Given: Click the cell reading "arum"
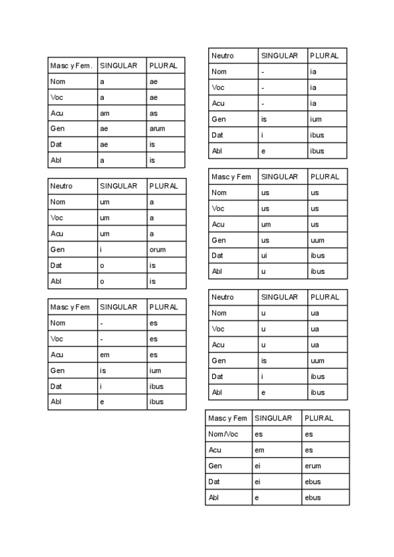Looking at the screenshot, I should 158,129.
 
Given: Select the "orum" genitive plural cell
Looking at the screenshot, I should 158,250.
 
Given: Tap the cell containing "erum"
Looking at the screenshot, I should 313,466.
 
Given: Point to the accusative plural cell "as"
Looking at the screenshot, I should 154,113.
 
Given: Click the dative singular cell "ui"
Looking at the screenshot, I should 265,256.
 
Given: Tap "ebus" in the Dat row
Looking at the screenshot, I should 313,481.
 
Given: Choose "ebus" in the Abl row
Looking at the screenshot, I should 313,497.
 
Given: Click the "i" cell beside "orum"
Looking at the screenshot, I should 101,250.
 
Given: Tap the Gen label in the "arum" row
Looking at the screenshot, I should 56,129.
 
